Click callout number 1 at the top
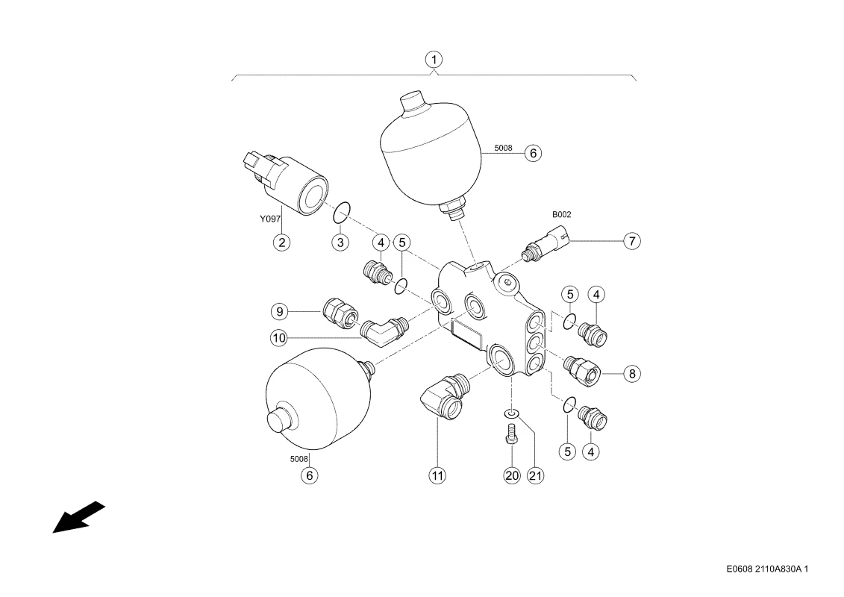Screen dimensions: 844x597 [x=434, y=59]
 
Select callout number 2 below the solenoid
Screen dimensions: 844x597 [x=281, y=243]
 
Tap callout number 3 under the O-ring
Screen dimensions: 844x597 [x=340, y=243]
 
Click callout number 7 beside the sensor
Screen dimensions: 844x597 [x=632, y=240]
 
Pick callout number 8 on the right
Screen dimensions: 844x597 [x=632, y=373]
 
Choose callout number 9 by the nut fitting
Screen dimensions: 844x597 [x=279, y=311]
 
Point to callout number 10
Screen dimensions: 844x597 [x=279, y=338]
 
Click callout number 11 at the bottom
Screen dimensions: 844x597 [x=437, y=475]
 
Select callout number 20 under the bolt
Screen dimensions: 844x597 [x=512, y=475]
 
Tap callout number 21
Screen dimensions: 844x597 [x=536, y=475]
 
